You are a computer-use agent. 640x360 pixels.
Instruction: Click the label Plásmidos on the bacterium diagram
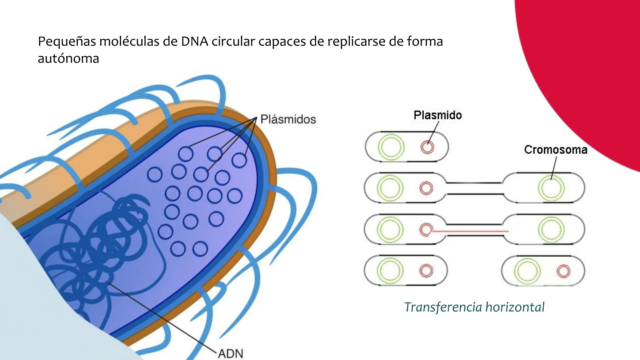coord(288,119)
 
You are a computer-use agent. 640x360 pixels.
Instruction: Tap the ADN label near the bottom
coord(231,353)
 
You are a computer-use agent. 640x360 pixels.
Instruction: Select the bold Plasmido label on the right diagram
coord(438,115)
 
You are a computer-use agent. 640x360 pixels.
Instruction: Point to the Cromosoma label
coord(555,150)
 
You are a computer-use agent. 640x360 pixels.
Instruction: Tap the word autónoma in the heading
coord(68,59)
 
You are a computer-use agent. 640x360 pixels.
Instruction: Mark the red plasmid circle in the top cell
coord(427,147)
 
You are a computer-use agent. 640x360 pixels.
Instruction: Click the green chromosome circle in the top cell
coord(391,147)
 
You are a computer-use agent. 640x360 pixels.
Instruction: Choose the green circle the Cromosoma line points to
coord(551,188)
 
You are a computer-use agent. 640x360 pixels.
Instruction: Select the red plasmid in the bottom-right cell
coord(563,271)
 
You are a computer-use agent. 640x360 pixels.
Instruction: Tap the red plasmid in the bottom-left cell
coord(426,271)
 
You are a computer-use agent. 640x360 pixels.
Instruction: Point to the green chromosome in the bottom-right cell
coord(527,271)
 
